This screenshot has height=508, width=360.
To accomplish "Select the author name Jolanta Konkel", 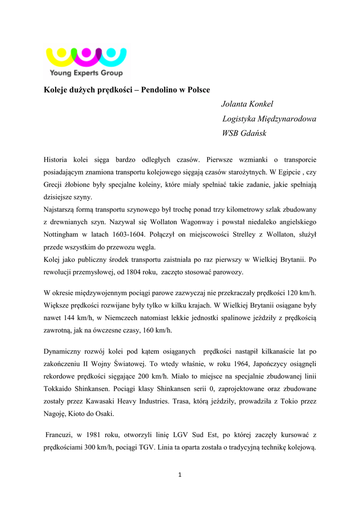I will tap(247, 104).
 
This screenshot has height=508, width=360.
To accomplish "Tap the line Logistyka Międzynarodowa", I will tap(269, 119).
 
